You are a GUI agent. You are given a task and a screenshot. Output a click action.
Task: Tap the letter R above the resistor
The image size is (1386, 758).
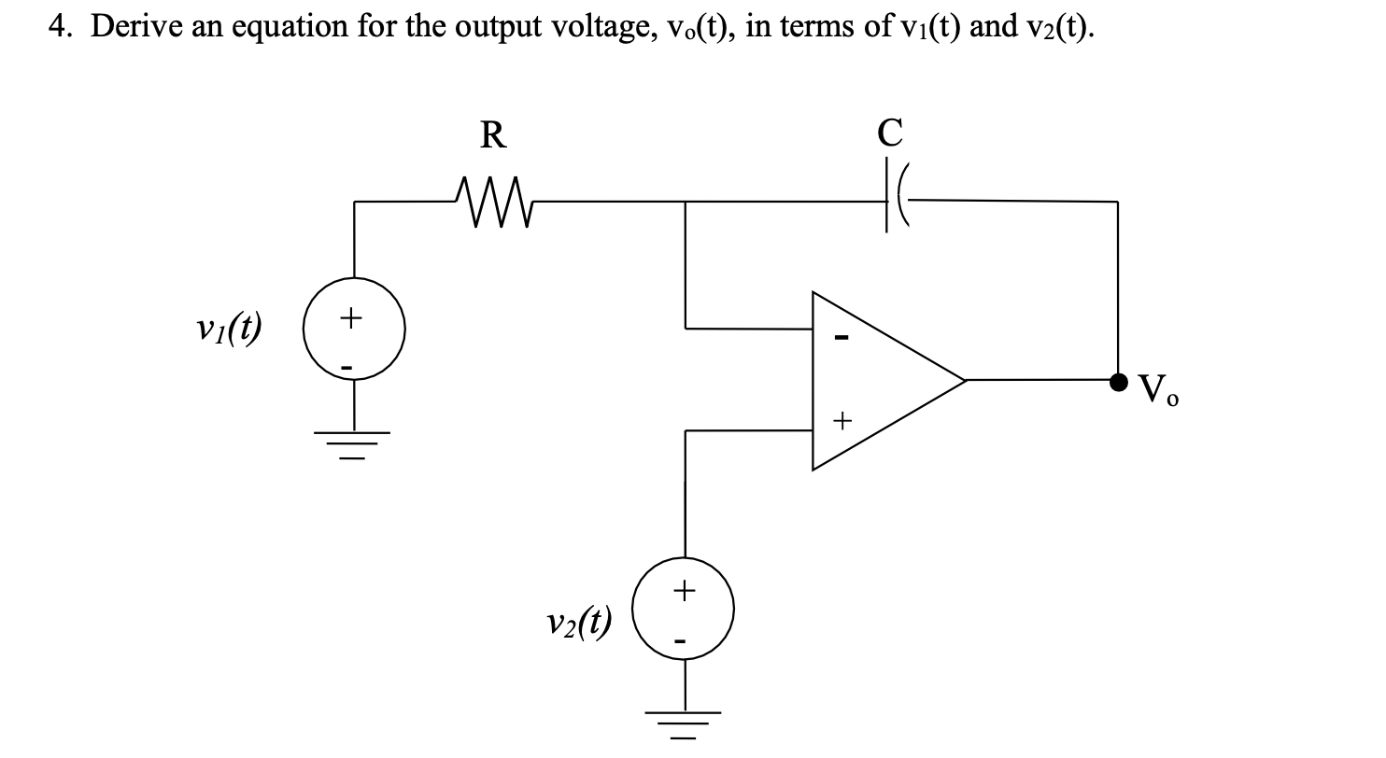click(493, 136)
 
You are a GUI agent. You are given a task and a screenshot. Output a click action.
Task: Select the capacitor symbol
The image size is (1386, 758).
click(892, 200)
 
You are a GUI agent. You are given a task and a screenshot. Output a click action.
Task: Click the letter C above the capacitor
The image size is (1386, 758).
click(890, 134)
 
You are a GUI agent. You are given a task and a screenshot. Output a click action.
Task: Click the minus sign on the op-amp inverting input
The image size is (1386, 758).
click(840, 336)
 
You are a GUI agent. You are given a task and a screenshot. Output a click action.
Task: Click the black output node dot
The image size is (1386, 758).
click(1118, 381)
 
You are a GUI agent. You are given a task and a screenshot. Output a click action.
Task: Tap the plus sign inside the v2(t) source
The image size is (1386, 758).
click(685, 589)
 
